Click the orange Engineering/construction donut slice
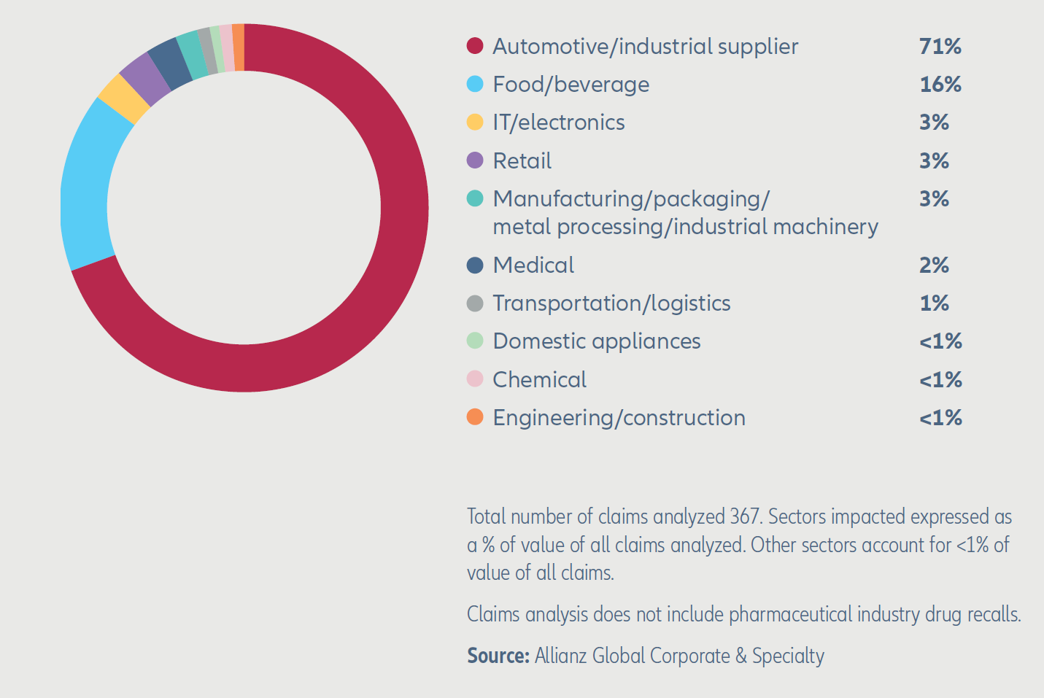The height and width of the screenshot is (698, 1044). tap(239, 47)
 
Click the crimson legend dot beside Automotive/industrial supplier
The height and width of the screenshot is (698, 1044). tap(475, 46)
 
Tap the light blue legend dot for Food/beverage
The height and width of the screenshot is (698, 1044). tap(475, 84)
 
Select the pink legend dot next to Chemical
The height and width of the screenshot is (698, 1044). tap(475, 379)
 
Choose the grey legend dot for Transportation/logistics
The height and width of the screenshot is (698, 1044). tap(475, 303)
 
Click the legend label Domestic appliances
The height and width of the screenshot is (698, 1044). tap(596, 341)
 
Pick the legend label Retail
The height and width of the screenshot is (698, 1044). tap(522, 160)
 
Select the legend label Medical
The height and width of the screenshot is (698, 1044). tap(533, 265)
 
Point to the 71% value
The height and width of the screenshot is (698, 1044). tap(940, 46)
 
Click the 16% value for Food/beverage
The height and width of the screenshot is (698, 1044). tap(940, 84)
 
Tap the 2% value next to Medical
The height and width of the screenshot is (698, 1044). tap(934, 265)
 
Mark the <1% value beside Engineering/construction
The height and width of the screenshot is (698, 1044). tap(940, 418)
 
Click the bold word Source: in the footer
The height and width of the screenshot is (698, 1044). tap(498, 656)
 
